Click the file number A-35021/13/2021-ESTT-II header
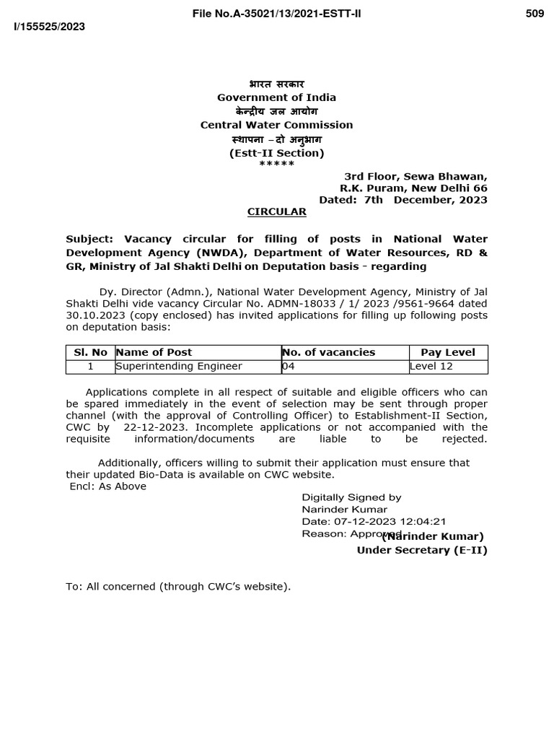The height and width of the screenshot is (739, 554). (276, 14)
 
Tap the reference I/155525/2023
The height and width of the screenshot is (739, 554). (50, 27)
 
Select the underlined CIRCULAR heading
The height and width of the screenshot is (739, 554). (277, 211)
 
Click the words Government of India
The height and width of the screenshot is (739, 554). (277, 97)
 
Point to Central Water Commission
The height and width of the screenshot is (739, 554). (277, 125)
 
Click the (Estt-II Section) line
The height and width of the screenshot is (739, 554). (277, 153)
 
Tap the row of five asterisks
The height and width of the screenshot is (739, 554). (277, 165)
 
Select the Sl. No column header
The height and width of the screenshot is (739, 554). (90, 352)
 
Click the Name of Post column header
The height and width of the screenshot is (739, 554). (154, 352)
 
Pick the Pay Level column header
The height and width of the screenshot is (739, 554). (448, 352)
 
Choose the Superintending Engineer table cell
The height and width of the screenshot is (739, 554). (179, 366)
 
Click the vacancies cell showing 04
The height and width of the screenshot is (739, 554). (289, 366)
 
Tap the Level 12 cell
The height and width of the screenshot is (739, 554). (431, 366)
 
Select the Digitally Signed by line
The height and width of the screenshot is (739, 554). (351, 497)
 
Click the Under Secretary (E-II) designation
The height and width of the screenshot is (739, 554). (422, 550)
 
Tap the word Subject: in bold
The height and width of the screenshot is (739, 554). (89, 239)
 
